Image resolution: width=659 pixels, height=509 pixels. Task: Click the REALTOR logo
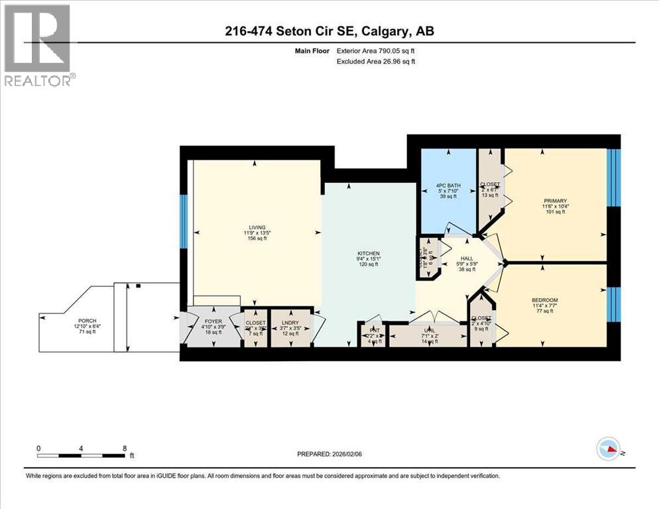click(x=38, y=45)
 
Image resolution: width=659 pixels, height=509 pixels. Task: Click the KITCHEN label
click(x=368, y=253)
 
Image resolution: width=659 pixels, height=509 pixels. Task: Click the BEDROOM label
click(x=544, y=300)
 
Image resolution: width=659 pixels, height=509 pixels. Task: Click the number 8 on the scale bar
click(x=125, y=448)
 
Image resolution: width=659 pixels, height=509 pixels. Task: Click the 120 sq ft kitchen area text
click(x=368, y=264)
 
